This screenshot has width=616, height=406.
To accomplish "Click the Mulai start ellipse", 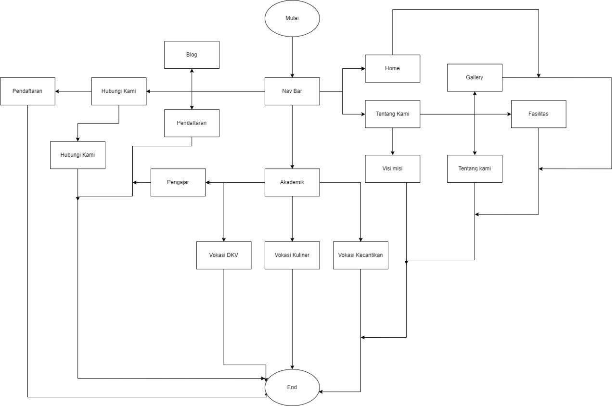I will coord(292,18).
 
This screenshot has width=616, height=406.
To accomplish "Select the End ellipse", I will coord(292,387).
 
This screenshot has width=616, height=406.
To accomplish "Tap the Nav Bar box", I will coord(292,91).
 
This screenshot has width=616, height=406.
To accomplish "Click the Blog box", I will coord(192,54).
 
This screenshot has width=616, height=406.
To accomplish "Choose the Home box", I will coord(392,68).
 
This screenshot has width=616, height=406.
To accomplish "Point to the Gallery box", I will coord(475,77).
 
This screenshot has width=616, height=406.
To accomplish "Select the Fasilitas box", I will coord(538,114).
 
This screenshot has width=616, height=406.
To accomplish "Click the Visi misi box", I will coord(392,169).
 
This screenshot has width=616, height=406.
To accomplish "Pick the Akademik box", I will coord(292,182).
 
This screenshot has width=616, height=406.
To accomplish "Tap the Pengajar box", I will coord(178,182).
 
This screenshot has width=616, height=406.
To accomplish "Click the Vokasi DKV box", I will coord(224,255).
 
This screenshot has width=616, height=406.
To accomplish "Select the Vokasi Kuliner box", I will coord(292,255).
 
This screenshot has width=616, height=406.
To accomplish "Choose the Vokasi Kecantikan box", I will coord(360,255).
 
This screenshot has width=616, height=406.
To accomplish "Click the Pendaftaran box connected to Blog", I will coord(192,123).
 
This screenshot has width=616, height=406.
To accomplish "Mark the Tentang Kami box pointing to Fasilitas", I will coord(392,114).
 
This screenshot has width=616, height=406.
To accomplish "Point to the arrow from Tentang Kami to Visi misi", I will coord(392,141).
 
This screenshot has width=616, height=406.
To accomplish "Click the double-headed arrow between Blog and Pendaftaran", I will coord(192,89).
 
